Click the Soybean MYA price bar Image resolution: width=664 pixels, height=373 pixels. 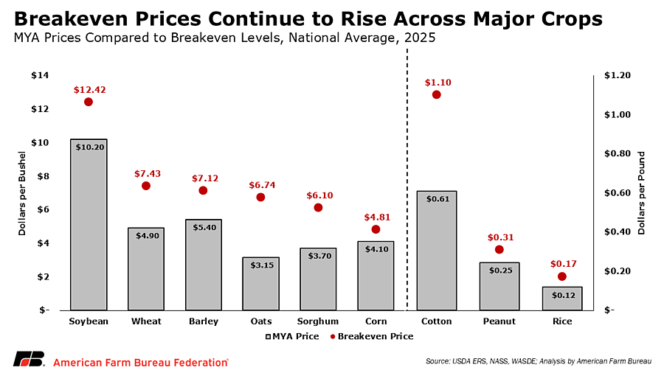click(x=89, y=225)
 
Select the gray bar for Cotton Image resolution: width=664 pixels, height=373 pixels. click(x=436, y=251)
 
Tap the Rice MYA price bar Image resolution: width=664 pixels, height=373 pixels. click(x=561, y=299)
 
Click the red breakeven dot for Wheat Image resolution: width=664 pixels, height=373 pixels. click(x=146, y=186)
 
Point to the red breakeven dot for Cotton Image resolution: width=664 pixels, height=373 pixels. click(x=436, y=94)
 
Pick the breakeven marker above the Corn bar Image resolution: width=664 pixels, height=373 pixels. click(x=376, y=229)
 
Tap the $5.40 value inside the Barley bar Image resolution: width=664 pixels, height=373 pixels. click(x=204, y=227)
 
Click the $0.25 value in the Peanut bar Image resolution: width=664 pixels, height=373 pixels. click(x=499, y=271)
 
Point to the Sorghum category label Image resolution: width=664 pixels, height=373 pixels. click(x=318, y=321)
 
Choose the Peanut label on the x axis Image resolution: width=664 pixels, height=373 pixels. click(x=499, y=321)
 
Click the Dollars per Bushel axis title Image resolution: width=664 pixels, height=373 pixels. click(x=23, y=193)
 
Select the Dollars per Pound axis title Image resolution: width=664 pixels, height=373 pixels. click(x=641, y=193)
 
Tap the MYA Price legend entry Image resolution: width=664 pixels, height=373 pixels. click(x=292, y=336)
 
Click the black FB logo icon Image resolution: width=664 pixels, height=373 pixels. click(x=27, y=360)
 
